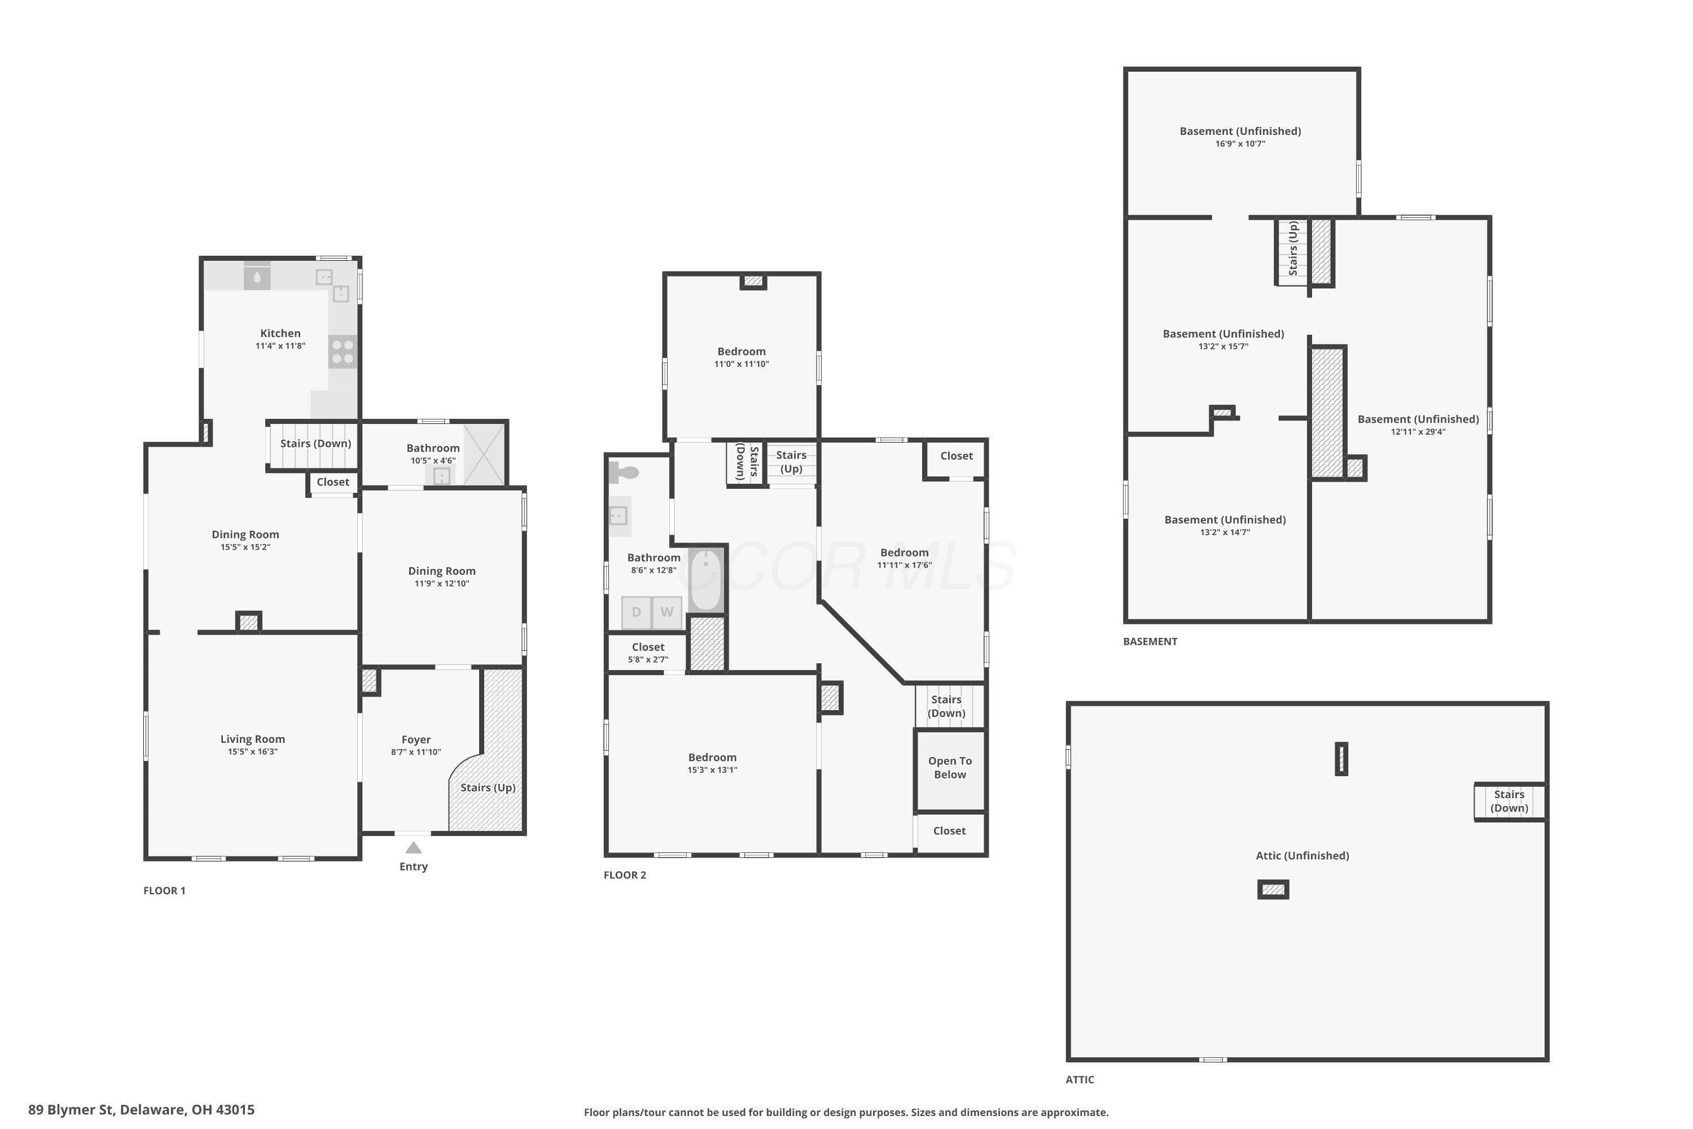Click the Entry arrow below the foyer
click(413, 847)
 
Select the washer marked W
click(667, 612)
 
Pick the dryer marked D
click(637, 612)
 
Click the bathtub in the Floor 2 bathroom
click(705, 580)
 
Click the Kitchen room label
click(280, 334)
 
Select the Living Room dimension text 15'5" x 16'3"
click(253, 752)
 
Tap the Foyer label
click(416, 739)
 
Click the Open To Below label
click(950, 768)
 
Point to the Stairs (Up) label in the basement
click(1293, 248)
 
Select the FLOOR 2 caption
click(625, 875)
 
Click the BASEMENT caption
click(1150, 641)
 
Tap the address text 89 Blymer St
click(71, 1110)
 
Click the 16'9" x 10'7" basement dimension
click(1240, 144)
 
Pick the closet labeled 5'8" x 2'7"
click(648, 651)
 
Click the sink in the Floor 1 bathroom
click(441, 476)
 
